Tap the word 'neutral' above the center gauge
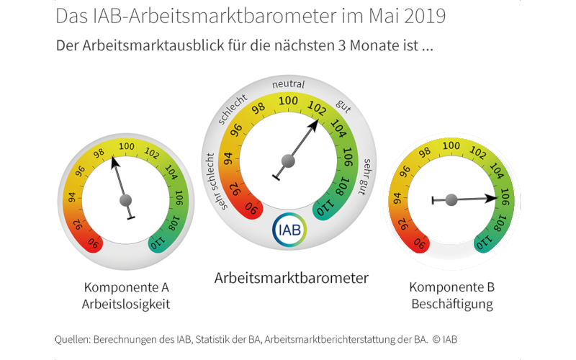(x=288, y=85)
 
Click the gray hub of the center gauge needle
(x=289, y=160)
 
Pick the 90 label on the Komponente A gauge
(x=93, y=243)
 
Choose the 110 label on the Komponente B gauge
(x=486, y=243)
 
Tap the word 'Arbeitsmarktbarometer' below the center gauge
(x=292, y=277)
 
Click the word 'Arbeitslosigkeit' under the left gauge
(x=127, y=304)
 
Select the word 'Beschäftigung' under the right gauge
(x=452, y=304)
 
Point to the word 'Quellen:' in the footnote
(x=77, y=338)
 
